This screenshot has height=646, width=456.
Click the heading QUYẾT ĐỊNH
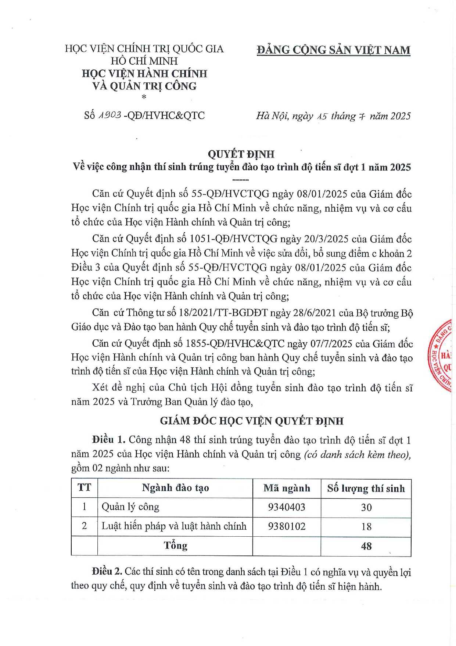(x=241, y=154)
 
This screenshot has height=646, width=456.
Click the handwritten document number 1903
(x=110, y=115)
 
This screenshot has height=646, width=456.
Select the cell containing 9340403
(x=287, y=507)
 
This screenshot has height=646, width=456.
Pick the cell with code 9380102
(x=287, y=526)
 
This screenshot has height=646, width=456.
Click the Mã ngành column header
(x=287, y=488)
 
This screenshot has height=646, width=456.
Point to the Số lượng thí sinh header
(x=366, y=488)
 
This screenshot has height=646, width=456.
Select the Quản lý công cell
(x=130, y=507)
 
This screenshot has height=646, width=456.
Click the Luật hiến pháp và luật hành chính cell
(x=174, y=526)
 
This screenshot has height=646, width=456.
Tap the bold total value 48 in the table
(x=366, y=546)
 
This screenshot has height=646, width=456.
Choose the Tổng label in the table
(x=175, y=546)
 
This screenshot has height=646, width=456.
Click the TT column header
(x=84, y=488)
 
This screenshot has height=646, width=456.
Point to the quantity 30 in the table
(x=366, y=508)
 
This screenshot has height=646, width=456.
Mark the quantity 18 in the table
(x=366, y=527)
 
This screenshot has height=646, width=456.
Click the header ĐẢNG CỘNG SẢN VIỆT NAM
(x=333, y=50)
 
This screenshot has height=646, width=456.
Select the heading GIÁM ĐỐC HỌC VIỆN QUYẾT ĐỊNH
(x=252, y=421)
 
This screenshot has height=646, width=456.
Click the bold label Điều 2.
(x=107, y=572)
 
